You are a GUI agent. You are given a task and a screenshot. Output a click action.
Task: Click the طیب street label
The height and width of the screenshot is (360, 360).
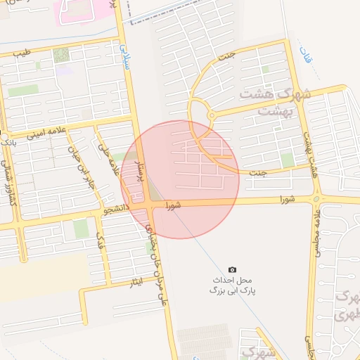click(x=23, y=53)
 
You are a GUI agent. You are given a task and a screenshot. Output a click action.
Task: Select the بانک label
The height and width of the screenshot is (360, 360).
click(x=8, y=141)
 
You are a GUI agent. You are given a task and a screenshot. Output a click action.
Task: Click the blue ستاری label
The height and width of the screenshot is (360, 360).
click(x=127, y=53)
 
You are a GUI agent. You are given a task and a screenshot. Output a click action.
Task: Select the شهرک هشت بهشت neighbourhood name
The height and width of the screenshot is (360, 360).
click(x=265, y=101)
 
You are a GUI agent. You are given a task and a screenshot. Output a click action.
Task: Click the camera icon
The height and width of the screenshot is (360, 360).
click(x=233, y=269)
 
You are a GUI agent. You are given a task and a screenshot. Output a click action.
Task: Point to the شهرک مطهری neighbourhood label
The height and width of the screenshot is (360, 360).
click(x=345, y=307)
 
